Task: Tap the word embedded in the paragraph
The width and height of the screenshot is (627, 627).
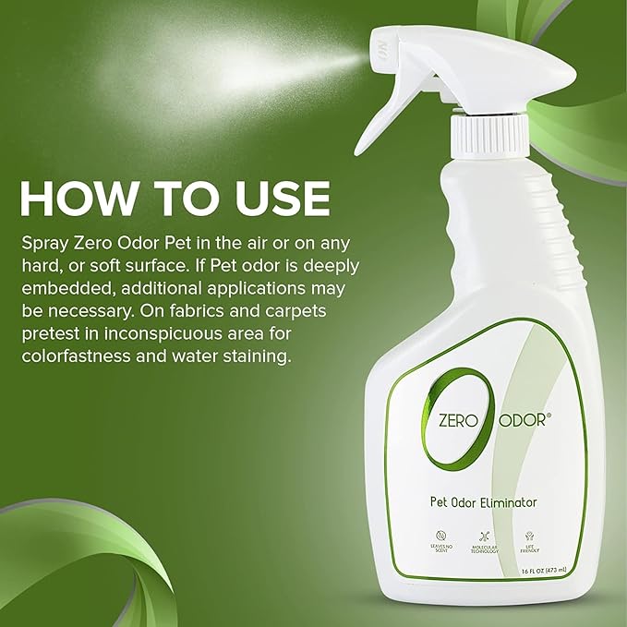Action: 69,289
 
